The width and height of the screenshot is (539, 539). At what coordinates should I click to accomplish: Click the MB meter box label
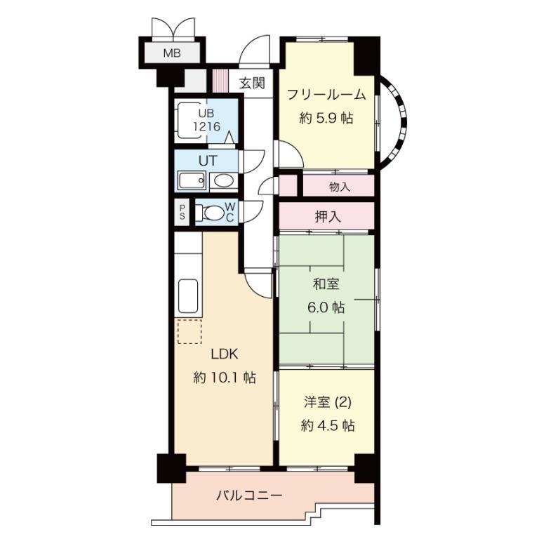pyautogui.click(x=171, y=53)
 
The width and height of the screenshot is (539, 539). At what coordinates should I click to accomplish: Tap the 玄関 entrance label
pyautogui.click(x=251, y=84)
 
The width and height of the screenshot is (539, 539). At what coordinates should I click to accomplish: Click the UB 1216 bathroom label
pyautogui.click(x=208, y=120)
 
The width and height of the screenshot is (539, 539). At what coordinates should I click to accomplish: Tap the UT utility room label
pyautogui.click(x=206, y=160)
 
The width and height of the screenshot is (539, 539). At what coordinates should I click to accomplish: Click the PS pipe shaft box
pyautogui.click(x=182, y=212)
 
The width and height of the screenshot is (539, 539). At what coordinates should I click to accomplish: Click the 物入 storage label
pyautogui.click(x=339, y=187)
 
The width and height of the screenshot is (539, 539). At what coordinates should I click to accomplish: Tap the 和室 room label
pyautogui.click(x=326, y=284)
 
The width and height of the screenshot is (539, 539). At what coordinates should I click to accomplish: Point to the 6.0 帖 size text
pyautogui.click(x=327, y=307)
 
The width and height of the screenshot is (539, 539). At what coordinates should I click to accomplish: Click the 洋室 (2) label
pyautogui.click(x=327, y=402)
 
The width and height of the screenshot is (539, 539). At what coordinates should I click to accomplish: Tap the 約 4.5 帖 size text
pyautogui.click(x=327, y=425)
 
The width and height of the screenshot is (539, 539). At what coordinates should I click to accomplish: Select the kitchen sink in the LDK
pyautogui.click(x=189, y=297)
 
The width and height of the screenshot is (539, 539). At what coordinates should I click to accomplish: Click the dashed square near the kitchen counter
pyautogui.click(x=189, y=331)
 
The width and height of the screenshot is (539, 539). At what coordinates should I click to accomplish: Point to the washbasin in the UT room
pyautogui.click(x=222, y=181)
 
